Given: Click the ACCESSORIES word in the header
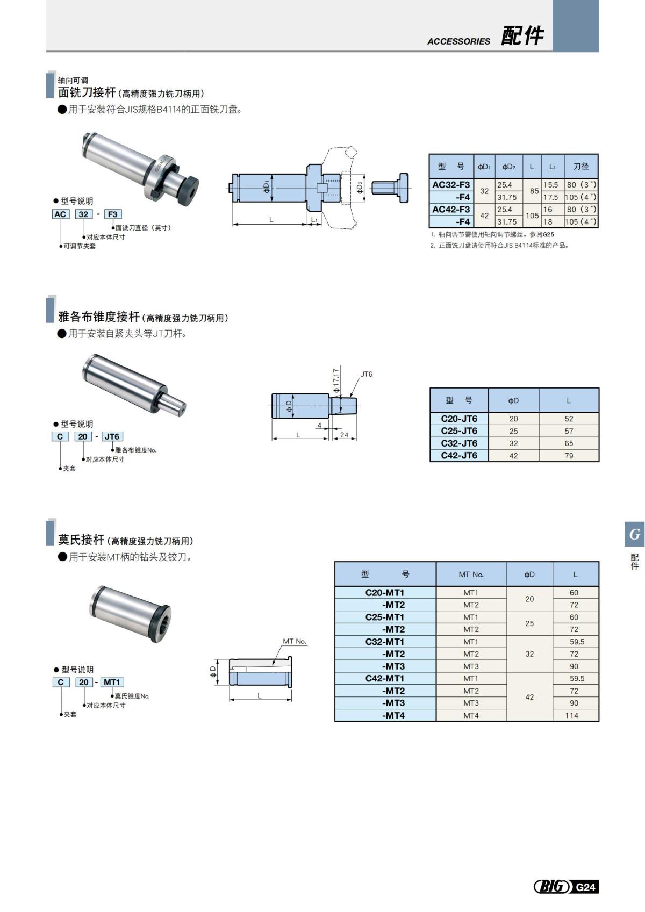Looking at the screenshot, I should pyautogui.click(x=458, y=41).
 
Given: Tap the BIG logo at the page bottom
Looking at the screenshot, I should pyautogui.click(x=552, y=886).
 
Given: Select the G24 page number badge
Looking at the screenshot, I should pyautogui.click(x=585, y=887).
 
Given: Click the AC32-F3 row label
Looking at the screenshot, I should pyautogui.click(x=451, y=185).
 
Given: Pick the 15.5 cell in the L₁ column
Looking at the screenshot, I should pyautogui.click(x=550, y=185).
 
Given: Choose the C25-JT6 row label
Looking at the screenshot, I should pyautogui.click(x=458, y=431).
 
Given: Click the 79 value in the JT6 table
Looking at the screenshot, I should pyautogui.click(x=569, y=456).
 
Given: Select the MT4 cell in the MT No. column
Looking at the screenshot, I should pyautogui.click(x=471, y=715).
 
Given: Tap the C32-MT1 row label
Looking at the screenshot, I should pyautogui.click(x=384, y=642).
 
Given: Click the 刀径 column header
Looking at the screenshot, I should pyautogui.click(x=580, y=167).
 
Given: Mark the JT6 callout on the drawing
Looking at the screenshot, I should pyautogui.click(x=366, y=375).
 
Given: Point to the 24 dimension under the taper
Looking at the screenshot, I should pyautogui.click(x=344, y=435).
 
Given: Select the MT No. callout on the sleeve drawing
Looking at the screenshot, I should pyautogui.click(x=295, y=641).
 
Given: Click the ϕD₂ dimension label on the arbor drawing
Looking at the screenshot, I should pyautogui.click(x=360, y=188).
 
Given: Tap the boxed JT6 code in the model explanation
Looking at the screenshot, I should pyautogui.click(x=112, y=436).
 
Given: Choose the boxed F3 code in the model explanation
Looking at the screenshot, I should pyautogui.click(x=112, y=214).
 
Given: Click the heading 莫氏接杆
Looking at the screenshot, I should pyautogui.click(x=81, y=540).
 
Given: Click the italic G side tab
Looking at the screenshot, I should pyautogui.click(x=635, y=535).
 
